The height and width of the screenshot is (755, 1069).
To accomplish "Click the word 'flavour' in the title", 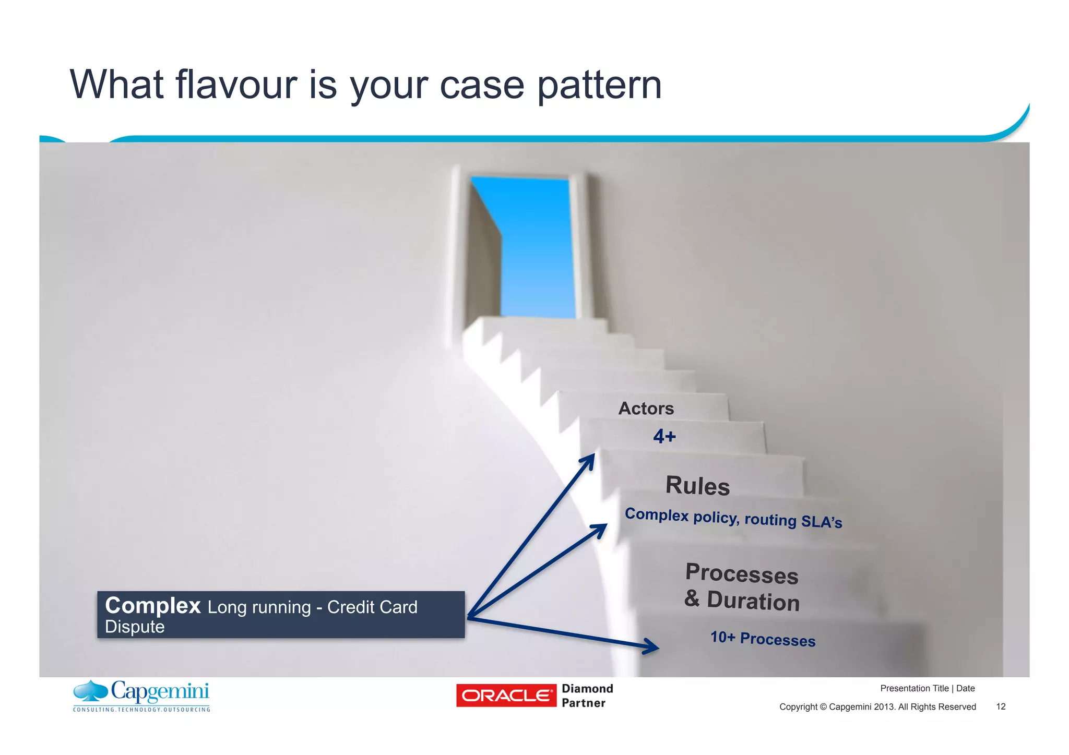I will click(x=236, y=85).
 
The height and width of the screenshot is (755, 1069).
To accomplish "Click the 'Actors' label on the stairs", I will click(x=646, y=409).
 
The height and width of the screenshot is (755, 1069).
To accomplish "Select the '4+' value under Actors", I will click(x=664, y=436).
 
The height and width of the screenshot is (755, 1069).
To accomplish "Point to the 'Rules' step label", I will click(x=697, y=486).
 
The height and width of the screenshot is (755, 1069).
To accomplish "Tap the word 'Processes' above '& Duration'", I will click(x=742, y=574).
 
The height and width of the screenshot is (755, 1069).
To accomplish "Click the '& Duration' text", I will click(x=742, y=601).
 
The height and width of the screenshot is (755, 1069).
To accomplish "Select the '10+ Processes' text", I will click(x=763, y=639).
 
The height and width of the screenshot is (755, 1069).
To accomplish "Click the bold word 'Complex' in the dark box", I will click(x=153, y=606).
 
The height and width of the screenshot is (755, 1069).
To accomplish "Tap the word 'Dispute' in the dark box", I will click(x=135, y=627).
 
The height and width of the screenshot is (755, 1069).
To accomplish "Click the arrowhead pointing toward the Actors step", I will click(x=590, y=459).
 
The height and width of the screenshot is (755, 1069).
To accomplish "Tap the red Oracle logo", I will click(x=506, y=696).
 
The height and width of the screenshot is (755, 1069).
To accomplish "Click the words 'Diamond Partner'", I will click(x=587, y=696).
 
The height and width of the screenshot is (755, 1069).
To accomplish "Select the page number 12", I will click(x=1000, y=706).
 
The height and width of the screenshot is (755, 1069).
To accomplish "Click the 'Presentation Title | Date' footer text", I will click(x=927, y=688).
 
